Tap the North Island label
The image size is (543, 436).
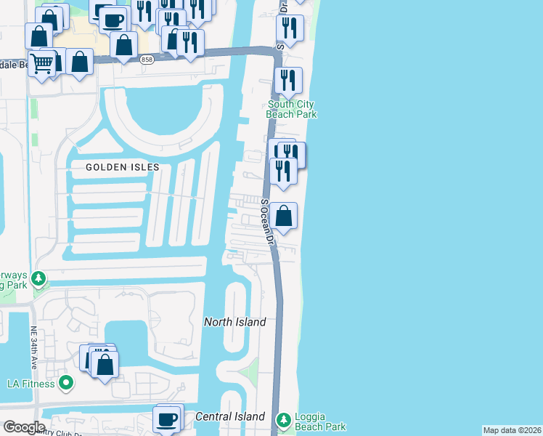(x=234, y=322)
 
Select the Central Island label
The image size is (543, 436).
(x=230, y=416)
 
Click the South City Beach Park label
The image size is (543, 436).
(x=291, y=109)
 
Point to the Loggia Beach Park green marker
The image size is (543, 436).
(x=282, y=419)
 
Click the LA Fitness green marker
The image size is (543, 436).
(x=66, y=382)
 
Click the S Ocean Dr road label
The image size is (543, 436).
(x=266, y=222)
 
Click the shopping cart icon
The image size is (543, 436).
(x=42, y=63)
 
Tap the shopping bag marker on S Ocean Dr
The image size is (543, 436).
(x=284, y=216)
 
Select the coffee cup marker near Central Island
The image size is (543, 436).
(x=167, y=419)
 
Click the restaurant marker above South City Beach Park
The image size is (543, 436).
(x=289, y=79)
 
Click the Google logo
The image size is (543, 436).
(x=24, y=427)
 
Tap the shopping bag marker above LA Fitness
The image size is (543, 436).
(x=105, y=364)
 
